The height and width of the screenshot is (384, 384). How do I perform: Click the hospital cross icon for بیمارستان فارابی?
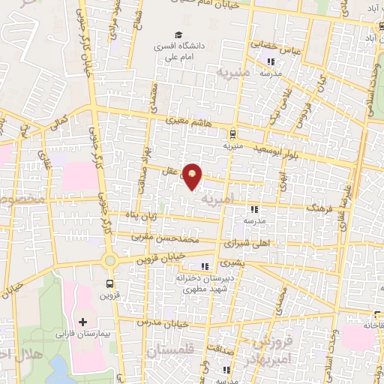(93, 321)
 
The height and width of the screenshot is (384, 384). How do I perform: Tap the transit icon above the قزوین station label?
(111, 283)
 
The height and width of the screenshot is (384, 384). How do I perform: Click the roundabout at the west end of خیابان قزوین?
(110, 260)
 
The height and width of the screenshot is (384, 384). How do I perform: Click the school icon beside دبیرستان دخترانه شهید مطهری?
(205, 266)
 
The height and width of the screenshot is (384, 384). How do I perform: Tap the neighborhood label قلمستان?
(169, 350)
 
